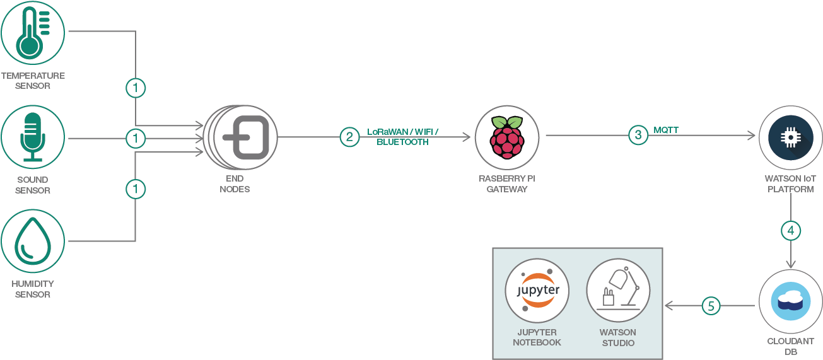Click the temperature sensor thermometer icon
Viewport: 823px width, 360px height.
tap(32, 33)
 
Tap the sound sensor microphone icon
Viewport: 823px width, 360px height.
tap(32, 137)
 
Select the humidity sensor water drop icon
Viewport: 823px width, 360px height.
tap(32, 241)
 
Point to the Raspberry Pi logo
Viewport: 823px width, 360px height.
tap(506, 137)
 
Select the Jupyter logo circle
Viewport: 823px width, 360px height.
tap(537, 291)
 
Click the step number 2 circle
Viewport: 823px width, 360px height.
tap(349, 137)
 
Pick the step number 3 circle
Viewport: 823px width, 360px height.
tap(638, 135)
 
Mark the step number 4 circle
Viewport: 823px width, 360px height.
tap(791, 230)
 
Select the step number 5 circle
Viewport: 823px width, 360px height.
tap(711, 306)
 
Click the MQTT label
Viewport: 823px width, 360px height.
tap(667, 130)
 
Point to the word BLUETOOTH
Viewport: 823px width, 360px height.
tap(402, 142)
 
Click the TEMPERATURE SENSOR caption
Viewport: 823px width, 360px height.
tap(32, 80)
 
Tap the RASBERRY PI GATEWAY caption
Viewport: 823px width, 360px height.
tap(506, 183)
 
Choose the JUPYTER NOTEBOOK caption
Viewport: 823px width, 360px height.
tap(537, 337)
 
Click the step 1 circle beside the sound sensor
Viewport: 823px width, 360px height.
tap(135, 137)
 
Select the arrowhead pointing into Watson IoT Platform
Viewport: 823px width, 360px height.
tap(751, 135)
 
